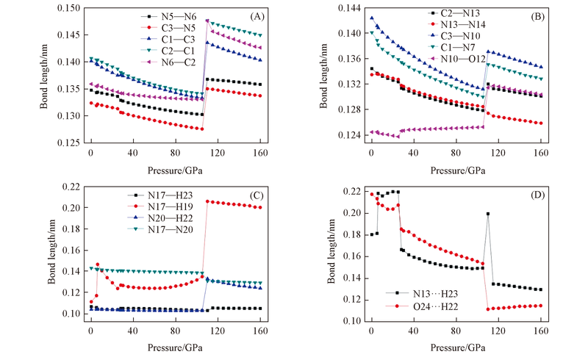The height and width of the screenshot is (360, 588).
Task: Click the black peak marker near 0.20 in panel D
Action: pyautogui.click(x=487, y=214)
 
